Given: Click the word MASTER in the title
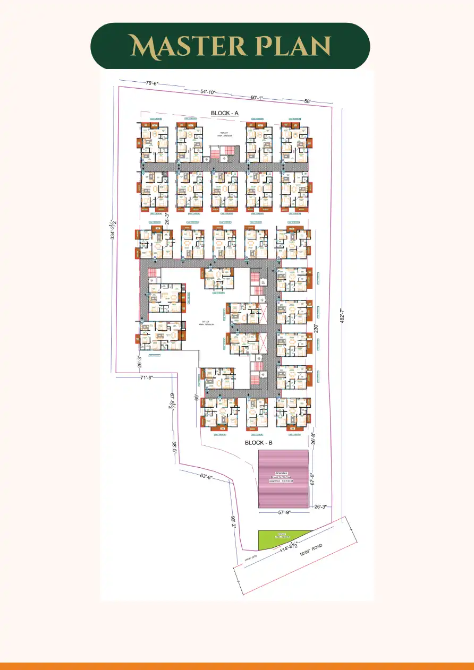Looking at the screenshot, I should tap(182, 46).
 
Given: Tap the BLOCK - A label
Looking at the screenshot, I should tap(225, 113).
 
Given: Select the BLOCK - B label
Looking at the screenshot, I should tap(259, 442).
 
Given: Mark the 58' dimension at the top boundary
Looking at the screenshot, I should tap(307, 101).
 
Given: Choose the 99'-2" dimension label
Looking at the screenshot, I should tap(233, 523).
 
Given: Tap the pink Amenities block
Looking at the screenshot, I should tap(283, 479).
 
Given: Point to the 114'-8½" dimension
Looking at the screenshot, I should tap(285, 551).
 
